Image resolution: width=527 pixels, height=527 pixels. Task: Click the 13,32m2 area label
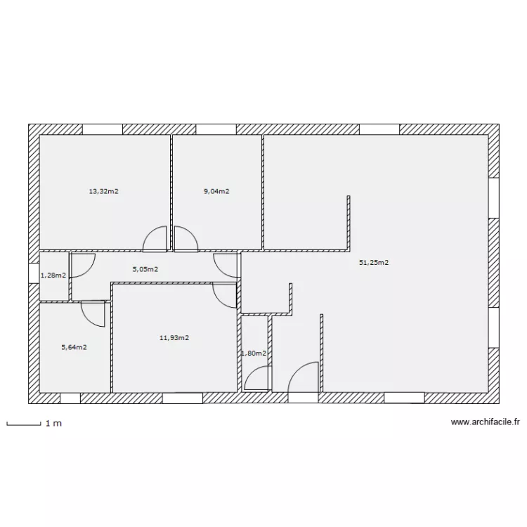click(103, 191)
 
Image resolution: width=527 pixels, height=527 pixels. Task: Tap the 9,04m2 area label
click(217, 191)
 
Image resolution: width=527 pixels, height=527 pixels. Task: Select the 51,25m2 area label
click(374, 263)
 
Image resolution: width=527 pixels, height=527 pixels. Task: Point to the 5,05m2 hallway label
click(145, 268)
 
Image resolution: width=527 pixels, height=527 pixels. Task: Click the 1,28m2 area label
click(53, 275)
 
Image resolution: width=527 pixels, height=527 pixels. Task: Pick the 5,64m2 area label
click(74, 346)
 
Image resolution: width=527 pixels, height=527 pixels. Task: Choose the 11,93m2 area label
click(174, 338)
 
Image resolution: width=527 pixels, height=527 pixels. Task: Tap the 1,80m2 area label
click(254, 353)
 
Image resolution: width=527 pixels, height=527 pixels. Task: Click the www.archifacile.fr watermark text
click(485, 422)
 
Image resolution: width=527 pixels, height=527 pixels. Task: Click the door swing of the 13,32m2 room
click(155, 239)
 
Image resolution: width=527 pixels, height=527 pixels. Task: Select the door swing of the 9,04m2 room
click(186, 239)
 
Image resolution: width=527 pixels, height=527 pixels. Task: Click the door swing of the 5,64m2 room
click(93, 313)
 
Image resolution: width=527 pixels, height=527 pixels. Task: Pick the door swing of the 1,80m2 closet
click(256, 379)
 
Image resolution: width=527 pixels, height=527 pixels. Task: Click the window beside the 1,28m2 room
click(34, 273)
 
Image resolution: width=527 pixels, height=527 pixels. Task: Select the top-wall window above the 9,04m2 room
click(216, 129)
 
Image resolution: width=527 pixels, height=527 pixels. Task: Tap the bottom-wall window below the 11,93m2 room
click(183, 398)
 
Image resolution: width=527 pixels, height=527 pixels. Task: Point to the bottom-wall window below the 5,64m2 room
click(70, 398)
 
